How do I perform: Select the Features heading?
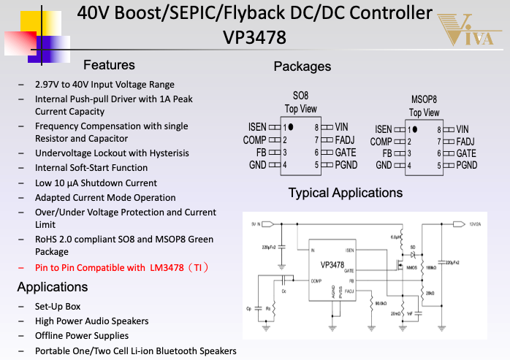109,65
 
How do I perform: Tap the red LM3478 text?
167,267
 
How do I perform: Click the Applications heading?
53,286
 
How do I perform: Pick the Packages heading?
302,66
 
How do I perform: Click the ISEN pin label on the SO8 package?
257,127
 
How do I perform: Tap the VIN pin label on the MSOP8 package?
463,129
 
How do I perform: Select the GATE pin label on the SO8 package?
346,153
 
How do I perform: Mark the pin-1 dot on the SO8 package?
290,127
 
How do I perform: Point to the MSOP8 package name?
424,99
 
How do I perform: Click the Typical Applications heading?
345,193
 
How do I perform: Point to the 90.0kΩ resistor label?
380,303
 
